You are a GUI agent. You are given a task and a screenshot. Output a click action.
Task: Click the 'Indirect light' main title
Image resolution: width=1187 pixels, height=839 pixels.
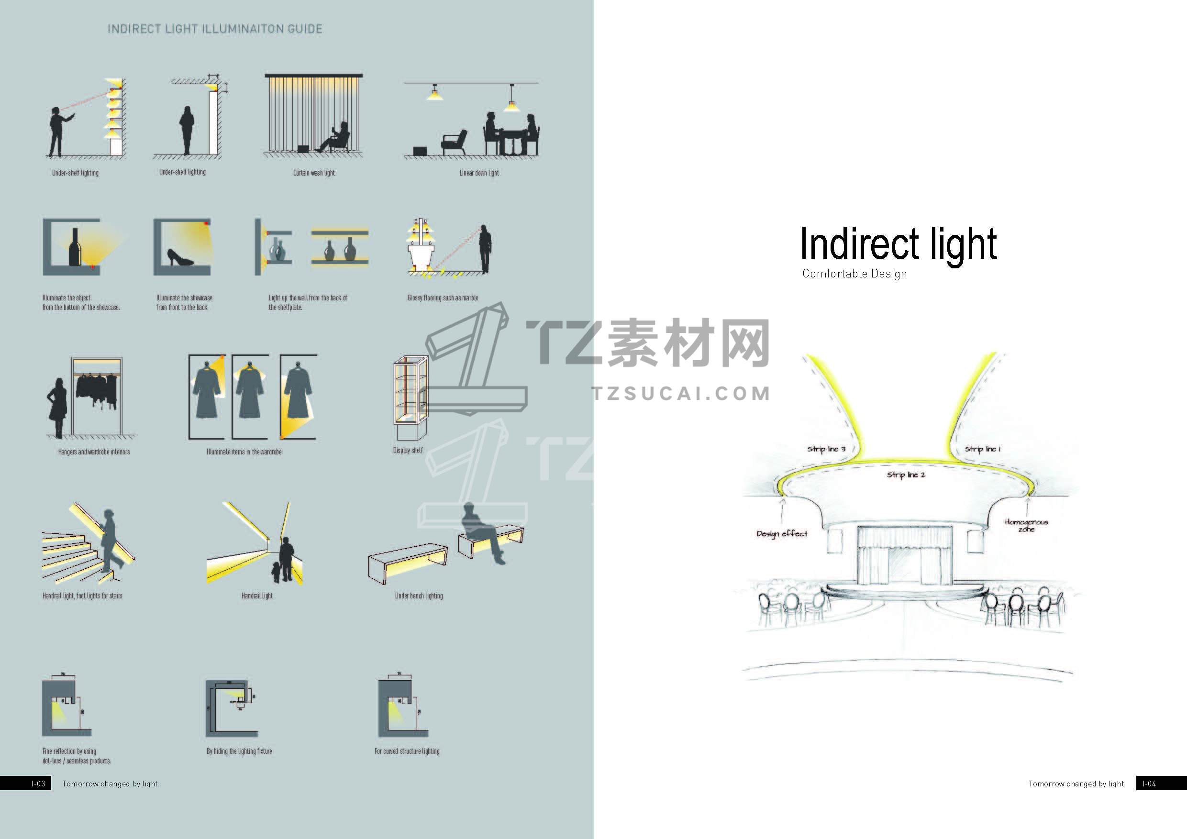(899, 244)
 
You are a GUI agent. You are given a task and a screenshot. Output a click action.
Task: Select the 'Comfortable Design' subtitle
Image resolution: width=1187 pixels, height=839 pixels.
(854, 274)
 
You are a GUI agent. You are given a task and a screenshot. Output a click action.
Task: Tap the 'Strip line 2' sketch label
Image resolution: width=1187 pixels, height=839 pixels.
(906, 475)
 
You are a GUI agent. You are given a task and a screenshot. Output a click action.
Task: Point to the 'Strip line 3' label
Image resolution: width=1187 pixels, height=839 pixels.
(826, 449)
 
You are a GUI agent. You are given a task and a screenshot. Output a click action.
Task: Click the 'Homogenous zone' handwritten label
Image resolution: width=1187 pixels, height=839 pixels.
(1026, 525)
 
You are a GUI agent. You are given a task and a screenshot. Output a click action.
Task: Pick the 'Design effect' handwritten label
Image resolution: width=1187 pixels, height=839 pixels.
(782, 533)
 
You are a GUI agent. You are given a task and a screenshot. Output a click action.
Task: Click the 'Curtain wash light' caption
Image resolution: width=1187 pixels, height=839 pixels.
(314, 173)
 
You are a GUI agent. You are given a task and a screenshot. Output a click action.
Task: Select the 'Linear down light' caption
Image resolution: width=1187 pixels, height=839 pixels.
(479, 173)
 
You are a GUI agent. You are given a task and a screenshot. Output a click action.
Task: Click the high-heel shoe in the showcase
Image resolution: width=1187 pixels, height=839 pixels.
(180, 256)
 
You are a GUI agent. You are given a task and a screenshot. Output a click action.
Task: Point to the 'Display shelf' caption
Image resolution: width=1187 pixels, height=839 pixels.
(408, 450)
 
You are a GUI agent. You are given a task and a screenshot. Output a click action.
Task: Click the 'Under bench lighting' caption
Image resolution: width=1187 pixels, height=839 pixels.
(419, 596)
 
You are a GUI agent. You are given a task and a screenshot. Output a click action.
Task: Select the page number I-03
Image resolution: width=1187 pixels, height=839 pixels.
(38, 784)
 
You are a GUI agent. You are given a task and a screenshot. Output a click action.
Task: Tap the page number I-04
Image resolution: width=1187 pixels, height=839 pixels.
(1149, 784)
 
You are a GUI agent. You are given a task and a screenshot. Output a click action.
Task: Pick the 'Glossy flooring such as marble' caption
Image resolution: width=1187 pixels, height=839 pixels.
(443, 298)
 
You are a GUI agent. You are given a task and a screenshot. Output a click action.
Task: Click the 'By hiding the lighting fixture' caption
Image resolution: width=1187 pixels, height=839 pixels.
(239, 751)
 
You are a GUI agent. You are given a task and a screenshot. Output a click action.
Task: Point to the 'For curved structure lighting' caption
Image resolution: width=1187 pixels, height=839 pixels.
(407, 751)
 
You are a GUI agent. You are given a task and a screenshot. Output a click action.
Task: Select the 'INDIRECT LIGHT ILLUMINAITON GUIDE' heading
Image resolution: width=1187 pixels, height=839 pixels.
(214, 29)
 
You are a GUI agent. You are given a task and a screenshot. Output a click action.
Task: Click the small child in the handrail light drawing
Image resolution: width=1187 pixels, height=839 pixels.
(277, 572)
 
